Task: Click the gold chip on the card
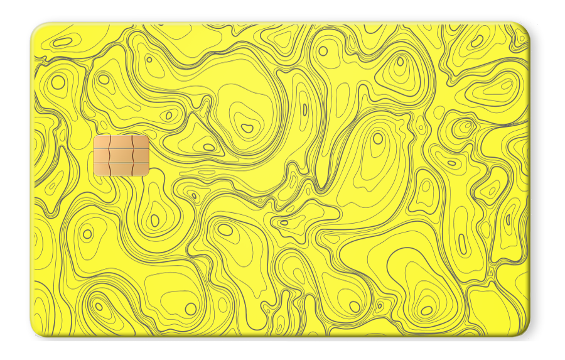(121, 156)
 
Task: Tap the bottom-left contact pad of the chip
(102, 169)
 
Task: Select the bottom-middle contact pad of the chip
(121, 170)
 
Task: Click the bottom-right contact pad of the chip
(141, 169)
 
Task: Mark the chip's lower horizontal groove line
(121, 163)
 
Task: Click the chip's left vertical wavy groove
(110, 156)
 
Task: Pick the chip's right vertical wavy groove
(132, 156)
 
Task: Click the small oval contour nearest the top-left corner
(63, 42)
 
